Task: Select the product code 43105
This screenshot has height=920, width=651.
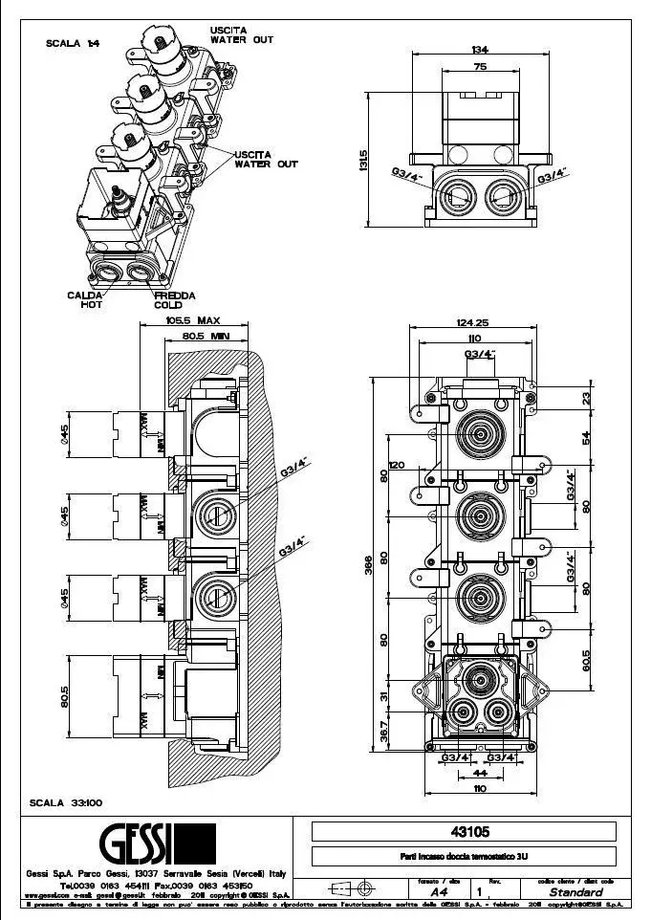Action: pos(464,831)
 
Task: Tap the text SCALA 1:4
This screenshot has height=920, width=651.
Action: pos(72,43)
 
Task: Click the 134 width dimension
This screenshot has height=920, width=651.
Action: pos(481,50)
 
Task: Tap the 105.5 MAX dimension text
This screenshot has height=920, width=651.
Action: pos(192,321)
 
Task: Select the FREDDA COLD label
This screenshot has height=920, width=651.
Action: pos(175,299)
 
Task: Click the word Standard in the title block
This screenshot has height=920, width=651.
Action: pos(575,891)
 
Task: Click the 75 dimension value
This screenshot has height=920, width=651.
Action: pos(481,67)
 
